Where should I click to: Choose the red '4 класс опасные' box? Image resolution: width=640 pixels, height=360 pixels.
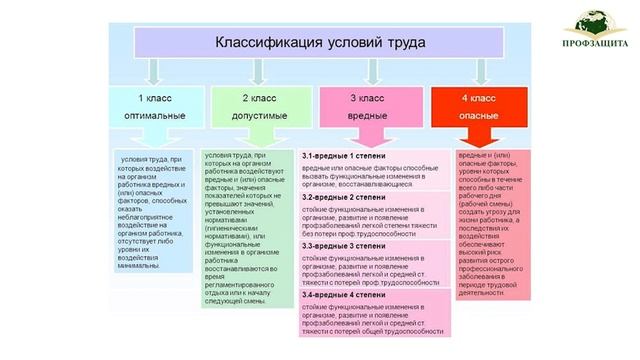pyautogui.click(x=477, y=109)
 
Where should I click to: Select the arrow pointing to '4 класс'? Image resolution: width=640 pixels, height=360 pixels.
pyautogui.click(x=478, y=70)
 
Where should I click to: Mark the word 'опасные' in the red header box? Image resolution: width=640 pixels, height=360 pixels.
pyautogui.click(x=477, y=117)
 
